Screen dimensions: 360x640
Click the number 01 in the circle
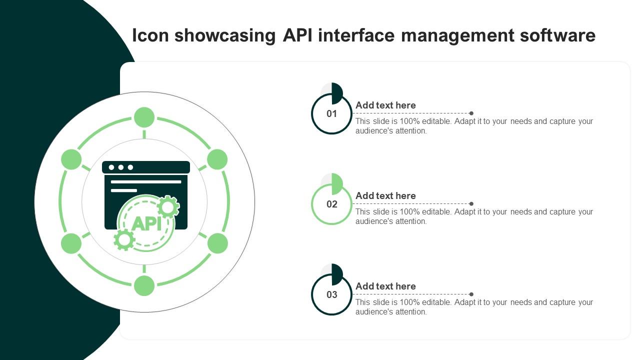pos(332,114)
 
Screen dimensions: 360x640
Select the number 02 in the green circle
pos(332,204)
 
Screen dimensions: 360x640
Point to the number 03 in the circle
pos(332,295)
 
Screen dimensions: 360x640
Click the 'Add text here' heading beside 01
pos(385,105)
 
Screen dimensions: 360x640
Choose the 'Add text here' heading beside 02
pos(385,196)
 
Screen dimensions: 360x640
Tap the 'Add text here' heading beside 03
pos(385,286)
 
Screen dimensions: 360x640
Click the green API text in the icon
pos(146,223)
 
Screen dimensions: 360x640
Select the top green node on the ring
pos(144,117)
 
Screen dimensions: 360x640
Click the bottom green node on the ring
pos(144,285)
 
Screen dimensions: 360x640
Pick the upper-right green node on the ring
pos(217,159)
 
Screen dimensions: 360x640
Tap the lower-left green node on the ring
pos(71,243)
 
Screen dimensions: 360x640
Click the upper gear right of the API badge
pos(168,206)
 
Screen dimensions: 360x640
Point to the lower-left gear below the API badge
pos(124,240)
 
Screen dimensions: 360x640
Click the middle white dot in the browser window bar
pos(121,167)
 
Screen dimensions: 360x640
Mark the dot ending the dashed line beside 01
pos(471,113)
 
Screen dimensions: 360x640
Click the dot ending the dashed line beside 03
pos(471,294)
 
